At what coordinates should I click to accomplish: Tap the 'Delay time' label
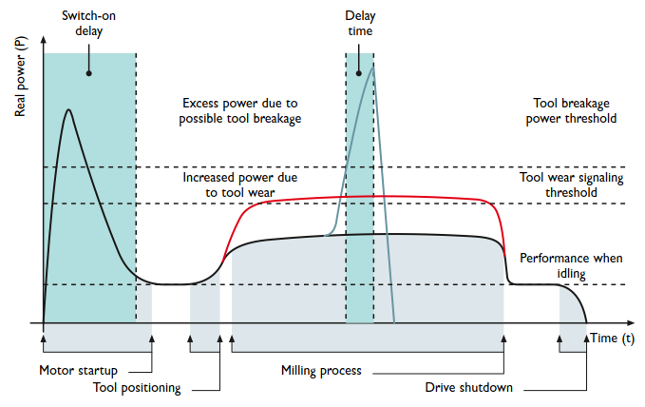click(360, 24)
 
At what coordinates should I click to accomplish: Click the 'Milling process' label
click(321, 370)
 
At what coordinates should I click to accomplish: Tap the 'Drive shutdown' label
click(468, 387)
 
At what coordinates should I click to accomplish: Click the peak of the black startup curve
click(68, 109)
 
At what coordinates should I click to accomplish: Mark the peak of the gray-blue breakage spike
click(374, 63)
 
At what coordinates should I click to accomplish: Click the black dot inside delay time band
click(359, 71)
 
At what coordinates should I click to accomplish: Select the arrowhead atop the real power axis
click(44, 44)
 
